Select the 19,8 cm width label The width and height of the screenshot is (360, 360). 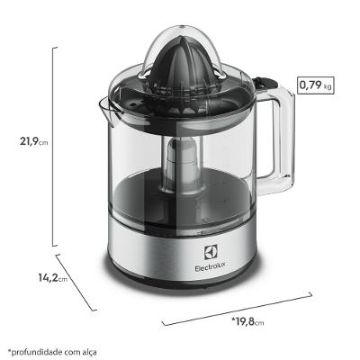[x=250, y=320]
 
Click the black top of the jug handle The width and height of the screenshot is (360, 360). [x=269, y=86]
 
